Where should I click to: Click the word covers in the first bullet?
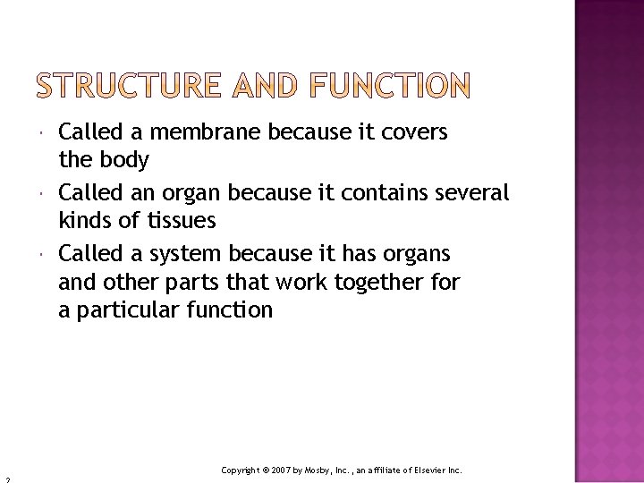414,133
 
